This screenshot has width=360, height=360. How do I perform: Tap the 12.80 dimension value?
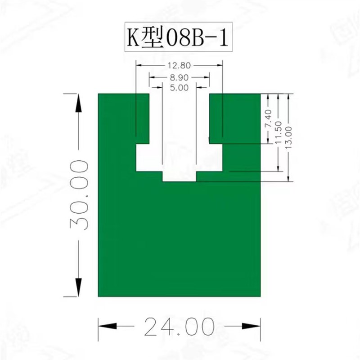179,66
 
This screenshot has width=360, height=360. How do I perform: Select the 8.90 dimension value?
179,77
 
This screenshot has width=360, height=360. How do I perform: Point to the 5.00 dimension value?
179,88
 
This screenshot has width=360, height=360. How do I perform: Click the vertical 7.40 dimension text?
269,118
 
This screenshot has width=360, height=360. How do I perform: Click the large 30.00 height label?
78,195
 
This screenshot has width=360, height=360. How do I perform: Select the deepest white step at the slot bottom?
179,176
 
